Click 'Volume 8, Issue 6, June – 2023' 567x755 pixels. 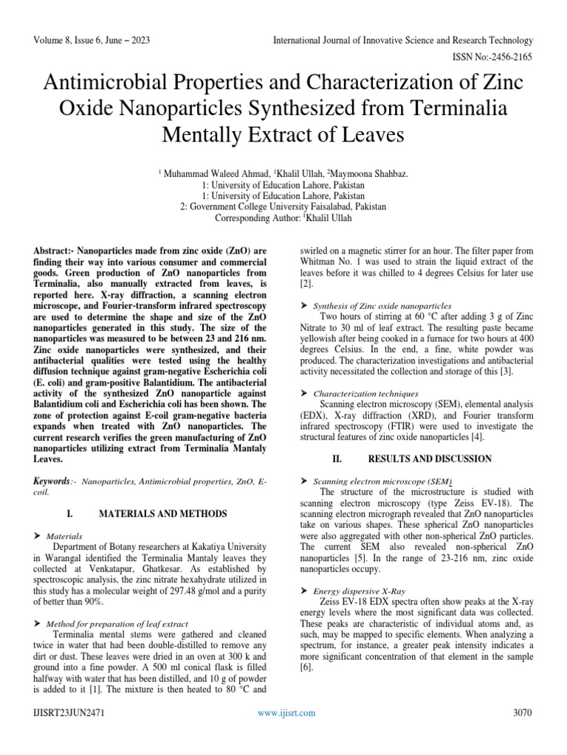click(x=92, y=40)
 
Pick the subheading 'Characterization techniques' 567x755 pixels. click(x=366, y=394)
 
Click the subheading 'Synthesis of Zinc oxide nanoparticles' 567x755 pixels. click(x=382, y=305)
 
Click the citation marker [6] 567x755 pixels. click(x=306, y=668)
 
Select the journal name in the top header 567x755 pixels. click(x=402, y=40)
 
